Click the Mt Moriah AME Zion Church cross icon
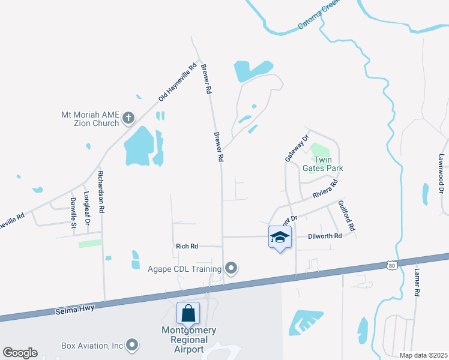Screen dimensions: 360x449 [128, 118]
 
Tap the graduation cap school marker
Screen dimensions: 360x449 [280, 237]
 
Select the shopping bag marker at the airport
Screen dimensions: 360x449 [188, 313]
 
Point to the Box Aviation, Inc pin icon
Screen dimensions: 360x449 [133, 346]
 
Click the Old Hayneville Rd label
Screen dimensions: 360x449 [178, 83]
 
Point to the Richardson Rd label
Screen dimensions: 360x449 [101, 193]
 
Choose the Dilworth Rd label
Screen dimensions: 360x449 [325, 236]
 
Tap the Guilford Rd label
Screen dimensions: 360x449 [346, 216]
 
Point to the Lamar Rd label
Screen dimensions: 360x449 [416, 282]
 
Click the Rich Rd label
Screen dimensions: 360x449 [187, 246]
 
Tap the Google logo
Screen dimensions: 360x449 [20, 353]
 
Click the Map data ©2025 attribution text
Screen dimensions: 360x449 [423, 355]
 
